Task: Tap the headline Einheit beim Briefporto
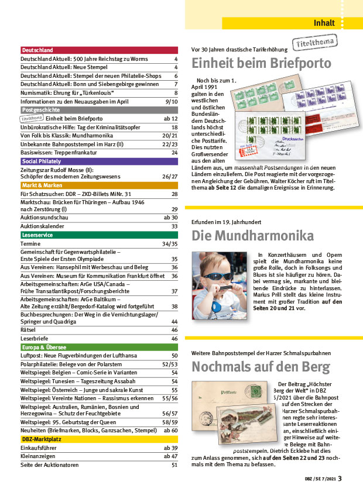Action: pos(261,63)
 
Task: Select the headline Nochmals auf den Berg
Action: pos(261,367)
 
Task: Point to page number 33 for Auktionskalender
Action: pos(174,226)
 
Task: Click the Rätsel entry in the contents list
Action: pos(28,331)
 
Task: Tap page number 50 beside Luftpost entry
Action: pos(174,355)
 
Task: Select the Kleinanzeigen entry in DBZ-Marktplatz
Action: pos(39,456)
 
